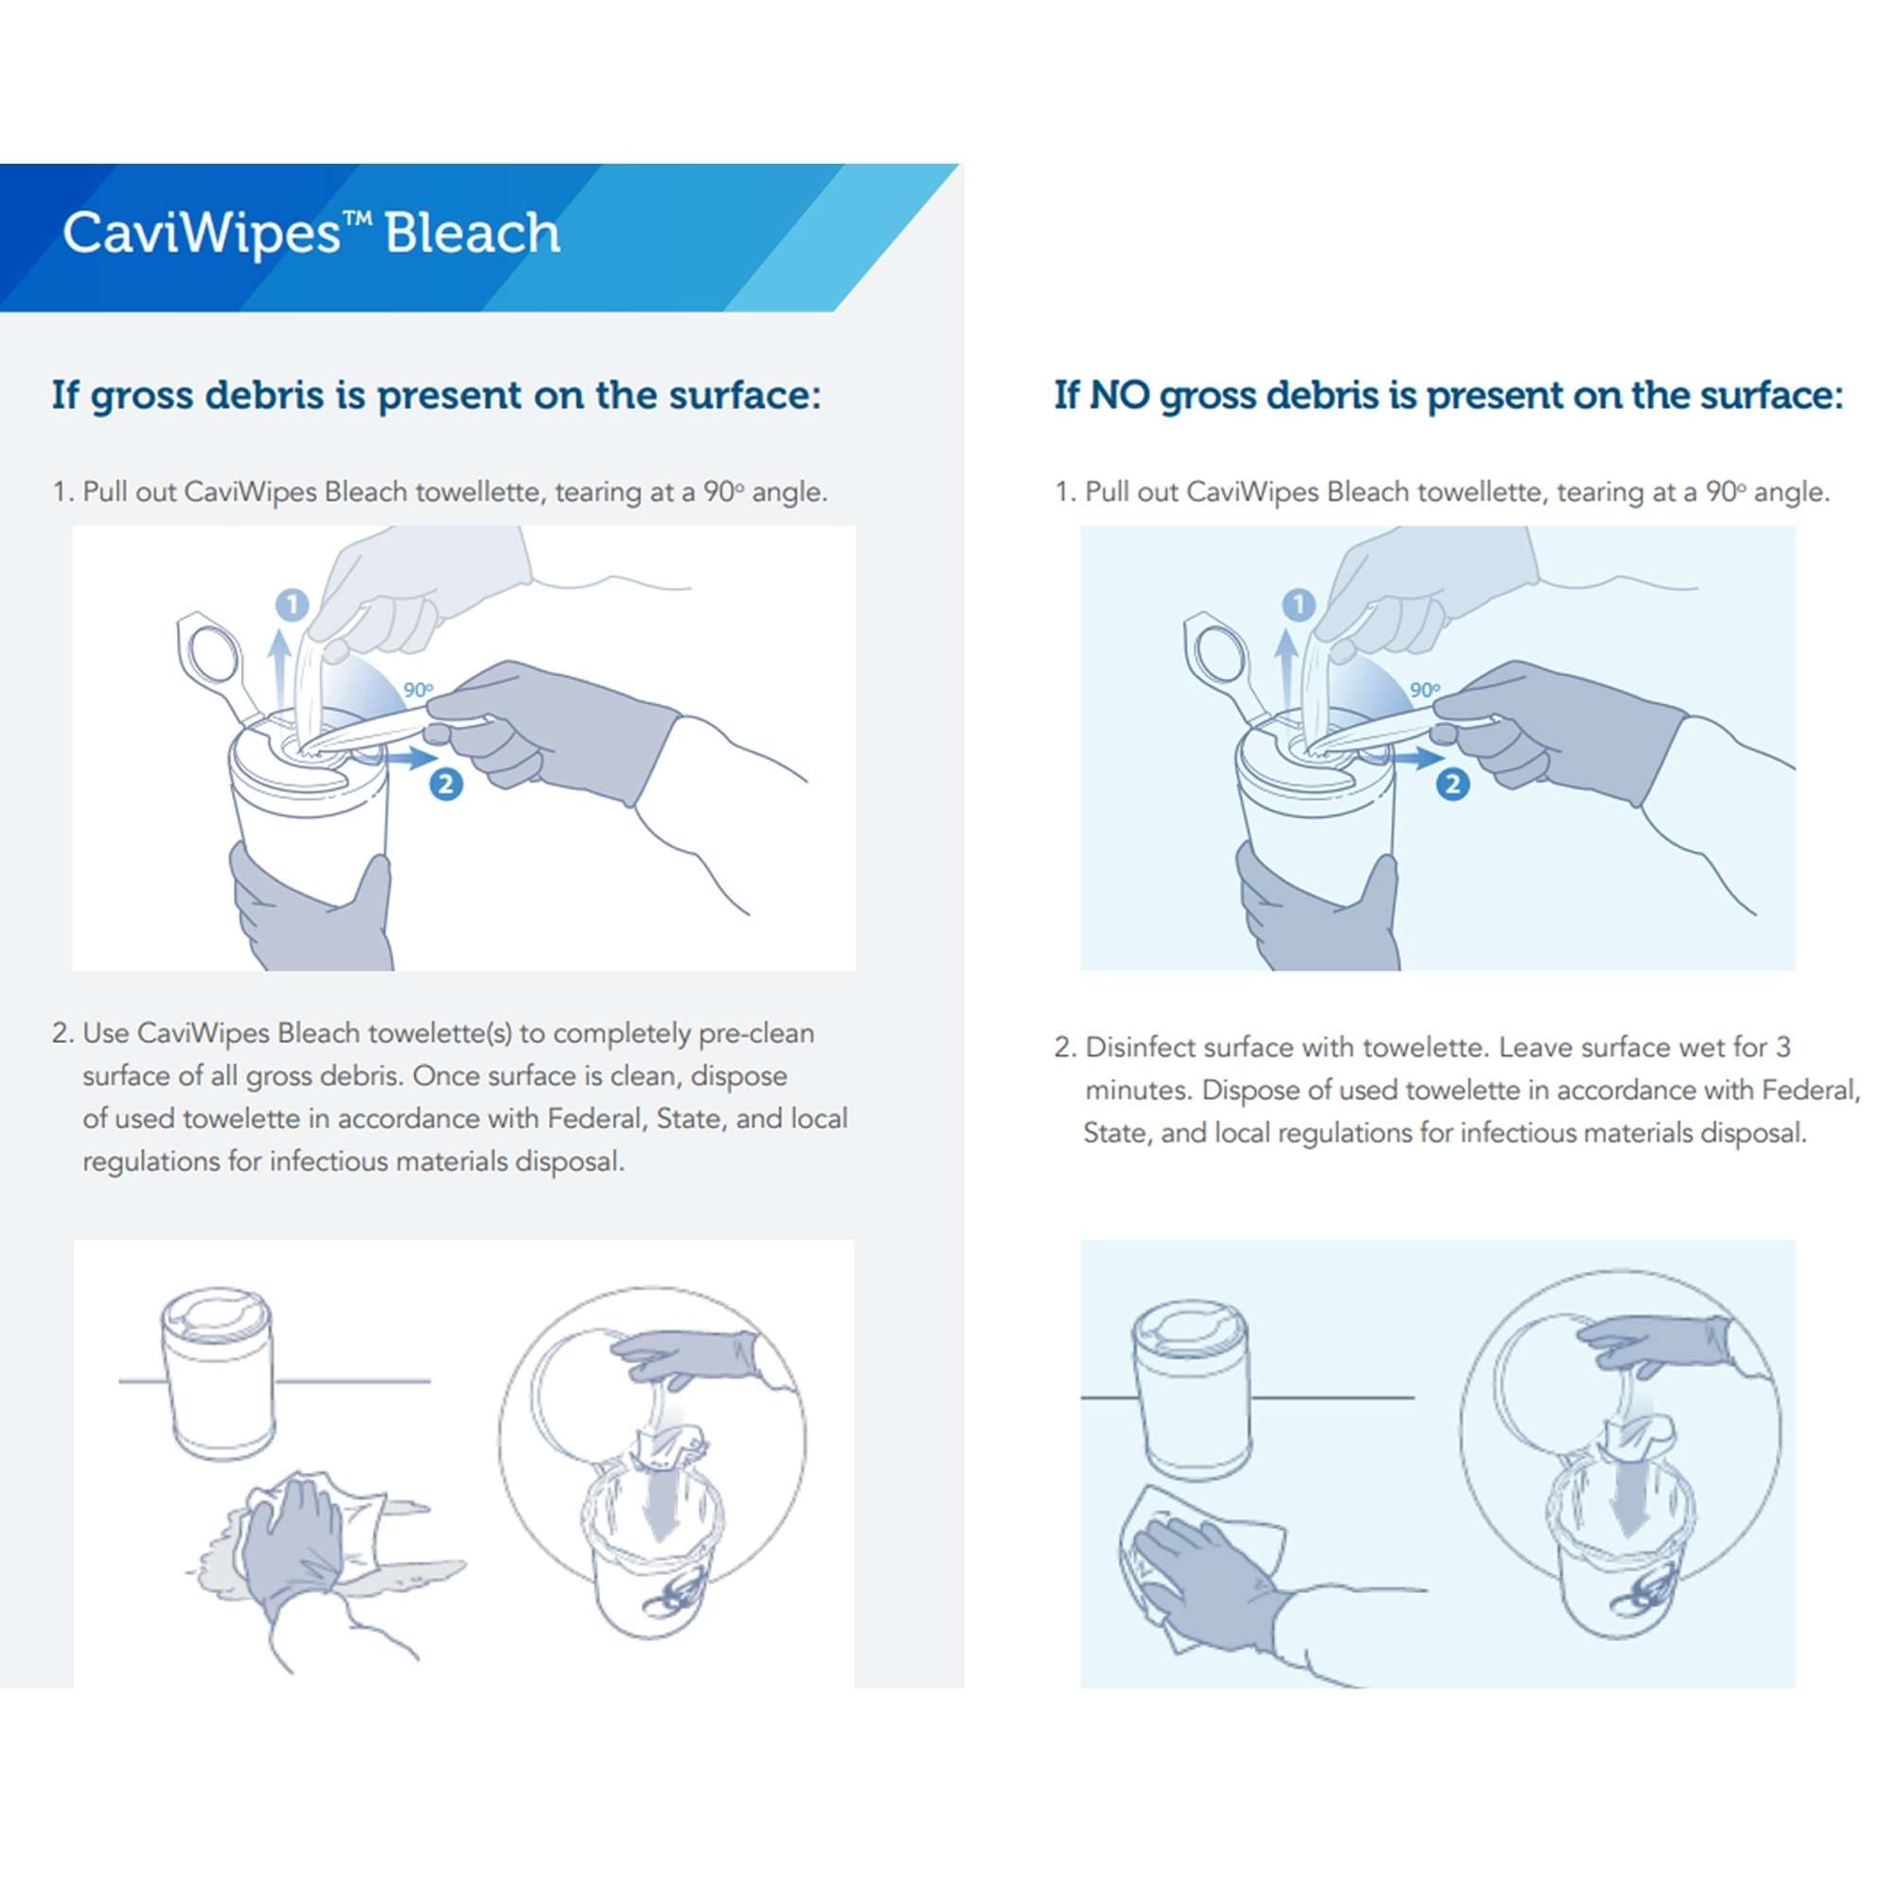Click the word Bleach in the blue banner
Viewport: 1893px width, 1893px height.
pos(472,234)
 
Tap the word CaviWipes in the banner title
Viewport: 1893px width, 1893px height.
pos(201,234)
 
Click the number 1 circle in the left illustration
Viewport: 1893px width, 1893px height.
pos(292,605)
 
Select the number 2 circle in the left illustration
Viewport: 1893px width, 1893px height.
pos(446,784)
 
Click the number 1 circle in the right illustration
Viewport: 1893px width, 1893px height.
pos(1300,605)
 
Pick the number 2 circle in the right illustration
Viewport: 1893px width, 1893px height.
pos(1453,784)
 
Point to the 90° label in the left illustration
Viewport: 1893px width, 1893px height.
pos(418,690)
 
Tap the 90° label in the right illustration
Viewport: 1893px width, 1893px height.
pos(1425,690)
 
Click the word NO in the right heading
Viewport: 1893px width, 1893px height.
pos(1120,396)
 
